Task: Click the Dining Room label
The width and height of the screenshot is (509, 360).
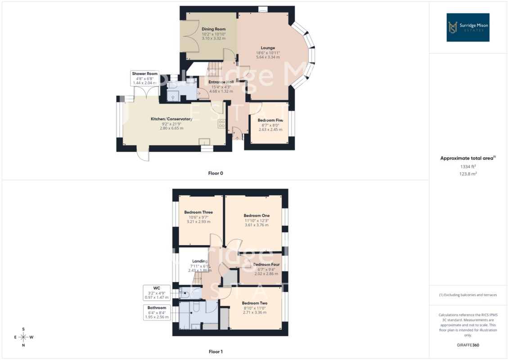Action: [x=214, y=29]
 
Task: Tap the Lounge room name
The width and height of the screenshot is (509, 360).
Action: [x=268, y=48]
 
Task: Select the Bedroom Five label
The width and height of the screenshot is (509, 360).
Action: [x=270, y=120]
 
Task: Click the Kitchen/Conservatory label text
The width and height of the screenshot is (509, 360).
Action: [x=171, y=119]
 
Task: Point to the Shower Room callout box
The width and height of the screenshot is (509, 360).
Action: [x=145, y=78]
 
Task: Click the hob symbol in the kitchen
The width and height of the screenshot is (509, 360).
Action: [x=222, y=124]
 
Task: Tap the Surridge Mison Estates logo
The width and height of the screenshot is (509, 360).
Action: [x=468, y=27]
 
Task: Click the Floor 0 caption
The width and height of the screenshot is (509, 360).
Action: [x=216, y=173]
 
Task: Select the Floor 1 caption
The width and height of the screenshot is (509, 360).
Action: [x=216, y=351]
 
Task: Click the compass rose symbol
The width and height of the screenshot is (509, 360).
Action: [x=23, y=337]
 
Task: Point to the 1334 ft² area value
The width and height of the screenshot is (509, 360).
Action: [x=468, y=166]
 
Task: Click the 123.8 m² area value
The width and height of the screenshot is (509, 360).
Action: [x=468, y=174]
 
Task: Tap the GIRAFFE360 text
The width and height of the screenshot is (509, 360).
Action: [x=468, y=345]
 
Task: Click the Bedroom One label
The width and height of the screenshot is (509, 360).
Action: [x=257, y=216]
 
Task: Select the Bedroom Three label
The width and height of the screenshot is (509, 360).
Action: [x=198, y=212]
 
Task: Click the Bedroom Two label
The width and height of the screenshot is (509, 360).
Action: [x=255, y=303]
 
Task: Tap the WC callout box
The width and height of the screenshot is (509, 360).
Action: [x=157, y=292]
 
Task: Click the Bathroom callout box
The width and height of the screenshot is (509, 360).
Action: [x=157, y=312]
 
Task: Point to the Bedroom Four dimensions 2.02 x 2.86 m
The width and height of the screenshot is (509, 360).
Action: [x=266, y=274]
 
